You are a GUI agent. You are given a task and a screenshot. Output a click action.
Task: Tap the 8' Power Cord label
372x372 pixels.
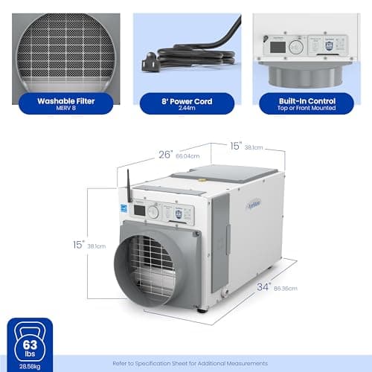tap(187, 100)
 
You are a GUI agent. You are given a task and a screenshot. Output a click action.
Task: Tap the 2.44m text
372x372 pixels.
tap(187, 107)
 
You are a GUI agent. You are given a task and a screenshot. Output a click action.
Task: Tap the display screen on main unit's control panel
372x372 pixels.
tap(140, 211)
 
